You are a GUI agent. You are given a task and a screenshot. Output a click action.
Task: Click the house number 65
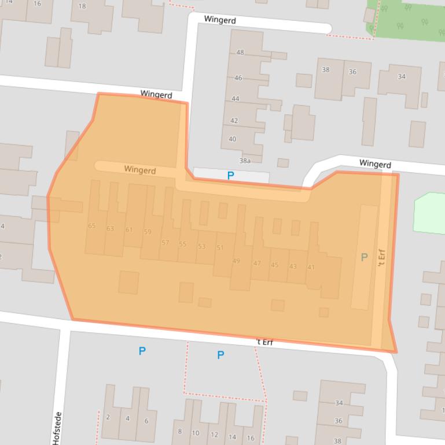[91, 226]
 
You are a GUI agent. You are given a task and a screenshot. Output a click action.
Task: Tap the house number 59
[148, 232]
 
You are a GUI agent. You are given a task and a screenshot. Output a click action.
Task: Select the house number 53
[201, 247]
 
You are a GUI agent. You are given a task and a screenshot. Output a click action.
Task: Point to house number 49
[236, 261]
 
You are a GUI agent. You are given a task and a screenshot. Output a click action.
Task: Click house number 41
[311, 267]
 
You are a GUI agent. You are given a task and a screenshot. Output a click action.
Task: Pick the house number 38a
[245, 161]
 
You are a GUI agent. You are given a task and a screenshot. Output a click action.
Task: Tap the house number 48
[240, 53]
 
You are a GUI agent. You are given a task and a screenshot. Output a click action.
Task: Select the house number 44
[236, 99]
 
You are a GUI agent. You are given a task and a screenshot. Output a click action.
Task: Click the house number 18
[82, 6]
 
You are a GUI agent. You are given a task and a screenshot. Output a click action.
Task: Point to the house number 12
[214, 435]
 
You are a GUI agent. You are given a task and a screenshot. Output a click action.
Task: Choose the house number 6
[146, 421]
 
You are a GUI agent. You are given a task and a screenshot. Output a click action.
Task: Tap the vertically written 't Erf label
[381, 258]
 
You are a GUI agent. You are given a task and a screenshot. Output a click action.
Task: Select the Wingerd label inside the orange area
[139, 170]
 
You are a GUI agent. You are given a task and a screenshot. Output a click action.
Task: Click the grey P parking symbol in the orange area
[364, 258]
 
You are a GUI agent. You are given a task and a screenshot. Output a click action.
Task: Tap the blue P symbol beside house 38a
[230, 176]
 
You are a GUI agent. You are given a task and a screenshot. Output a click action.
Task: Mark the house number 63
[110, 229]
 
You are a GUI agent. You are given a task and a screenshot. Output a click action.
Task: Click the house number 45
[274, 265]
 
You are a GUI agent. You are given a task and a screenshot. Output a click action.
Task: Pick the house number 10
[196, 433]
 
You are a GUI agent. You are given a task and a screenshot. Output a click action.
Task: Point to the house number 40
[233, 139]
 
